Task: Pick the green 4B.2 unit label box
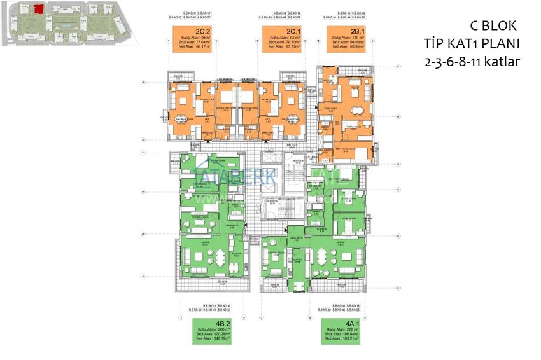(x=210, y=331)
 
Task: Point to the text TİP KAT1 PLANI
(x=472, y=45)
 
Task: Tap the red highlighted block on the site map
(x=39, y=9)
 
